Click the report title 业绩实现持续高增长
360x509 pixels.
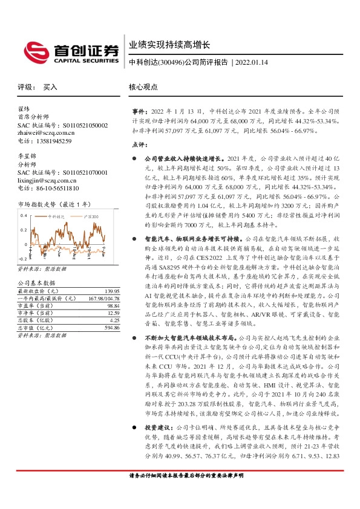[169, 45]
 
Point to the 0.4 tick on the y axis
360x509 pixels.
[24, 215]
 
